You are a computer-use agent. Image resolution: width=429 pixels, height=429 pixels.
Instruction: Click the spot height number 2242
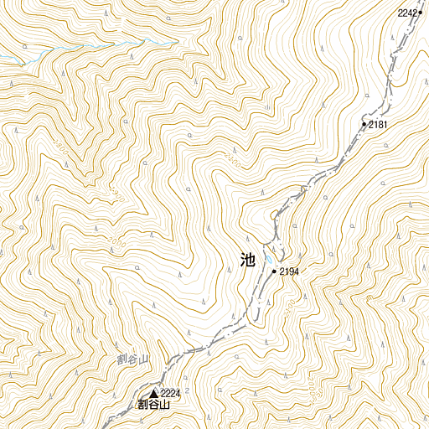[407, 13]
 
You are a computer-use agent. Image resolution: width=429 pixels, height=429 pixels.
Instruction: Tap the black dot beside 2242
[421, 13]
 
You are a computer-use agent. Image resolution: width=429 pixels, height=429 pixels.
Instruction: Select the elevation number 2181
[378, 125]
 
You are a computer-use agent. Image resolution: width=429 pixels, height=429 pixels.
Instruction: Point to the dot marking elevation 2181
[364, 125]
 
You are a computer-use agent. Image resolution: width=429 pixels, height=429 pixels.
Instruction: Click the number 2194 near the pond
[289, 271]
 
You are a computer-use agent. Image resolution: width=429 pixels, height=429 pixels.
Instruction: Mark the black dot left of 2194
[275, 271]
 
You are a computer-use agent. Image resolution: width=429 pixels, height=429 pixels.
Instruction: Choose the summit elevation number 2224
[170, 393]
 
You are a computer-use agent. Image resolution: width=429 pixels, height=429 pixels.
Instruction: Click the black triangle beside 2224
[154, 393]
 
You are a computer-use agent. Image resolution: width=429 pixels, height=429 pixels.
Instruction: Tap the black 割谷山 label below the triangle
[154, 405]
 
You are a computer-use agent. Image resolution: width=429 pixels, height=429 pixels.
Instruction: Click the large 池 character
[247, 261]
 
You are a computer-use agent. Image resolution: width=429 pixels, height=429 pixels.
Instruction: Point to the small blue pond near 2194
[266, 258]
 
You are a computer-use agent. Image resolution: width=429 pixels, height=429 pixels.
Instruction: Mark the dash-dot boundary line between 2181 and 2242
[394, 67]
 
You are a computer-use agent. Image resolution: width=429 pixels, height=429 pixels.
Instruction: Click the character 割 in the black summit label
[143, 405]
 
